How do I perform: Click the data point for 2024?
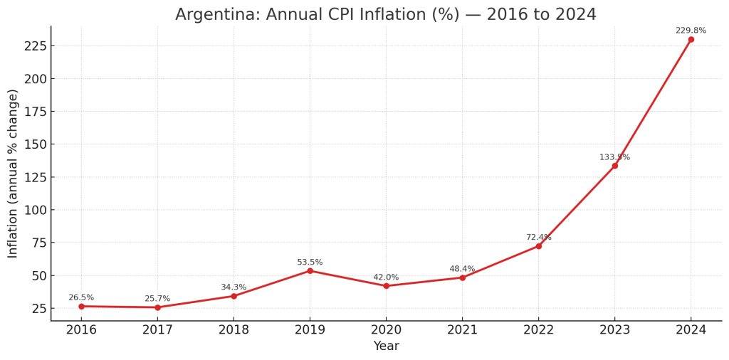[691, 39]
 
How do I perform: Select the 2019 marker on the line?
[310, 271]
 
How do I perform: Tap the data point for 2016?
[81, 307]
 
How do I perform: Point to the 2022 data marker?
[538, 246]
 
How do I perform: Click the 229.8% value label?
[691, 31]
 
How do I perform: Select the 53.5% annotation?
[310, 263]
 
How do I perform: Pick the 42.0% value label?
[386, 277]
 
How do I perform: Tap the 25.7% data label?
[157, 299]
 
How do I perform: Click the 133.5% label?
[614, 157]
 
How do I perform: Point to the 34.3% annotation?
[234, 287]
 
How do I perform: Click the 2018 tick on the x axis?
[234, 330]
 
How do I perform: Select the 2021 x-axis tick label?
[462, 330]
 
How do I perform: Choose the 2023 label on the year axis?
[614, 330]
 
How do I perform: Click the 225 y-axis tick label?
[36, 46]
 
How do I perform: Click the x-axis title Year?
[386, 346]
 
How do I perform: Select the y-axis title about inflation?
[13, 174]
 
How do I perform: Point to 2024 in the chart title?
[574, 15]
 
